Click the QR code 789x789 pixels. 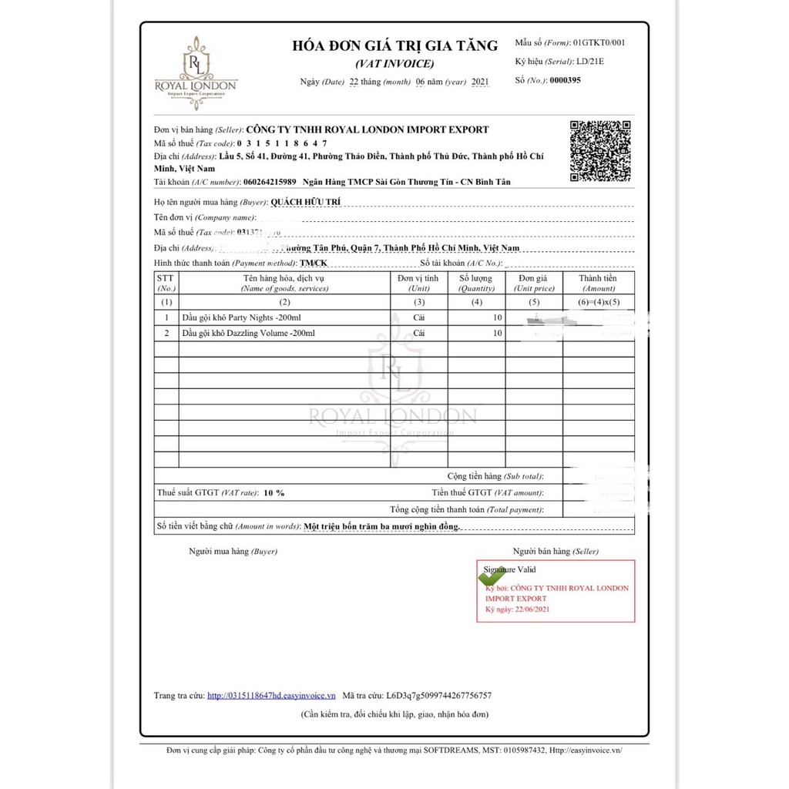tap(600, 151)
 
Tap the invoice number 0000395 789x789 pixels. tap(565, 80)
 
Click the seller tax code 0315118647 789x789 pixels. tap(282, 143)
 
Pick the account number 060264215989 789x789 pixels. tap(269, 182)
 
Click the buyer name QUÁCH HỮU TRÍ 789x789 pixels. tap(305, 202)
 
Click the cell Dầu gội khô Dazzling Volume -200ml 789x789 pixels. tap(248, 334)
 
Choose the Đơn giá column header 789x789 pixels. tap(534, 283)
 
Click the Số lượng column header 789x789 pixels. tap(476, 283)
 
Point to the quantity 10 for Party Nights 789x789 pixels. tap(497, 317)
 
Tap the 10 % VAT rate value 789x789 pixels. tap(274, 492)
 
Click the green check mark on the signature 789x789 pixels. tap(493, 575)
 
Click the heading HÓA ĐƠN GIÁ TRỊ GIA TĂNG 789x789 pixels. tap(394, 45)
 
